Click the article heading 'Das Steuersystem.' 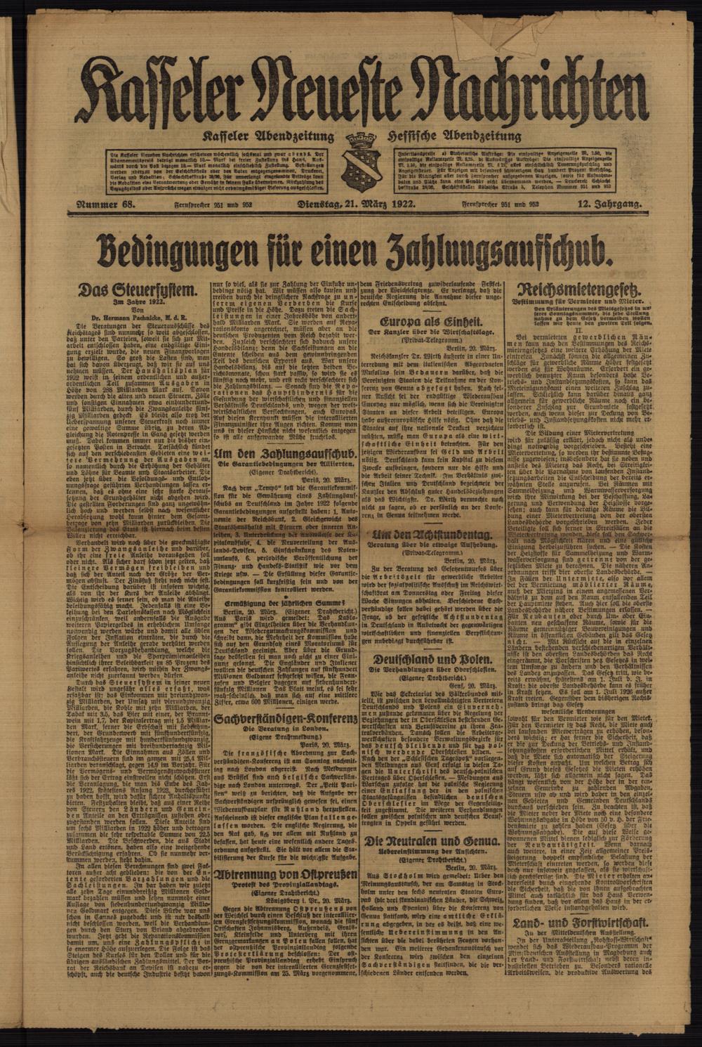[138, 289]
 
